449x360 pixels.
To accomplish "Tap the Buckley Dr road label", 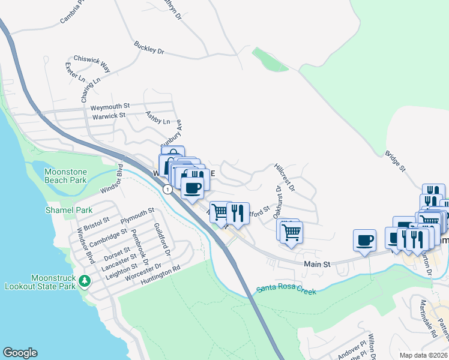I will (149, 47).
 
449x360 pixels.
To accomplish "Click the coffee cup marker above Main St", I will (364, 241).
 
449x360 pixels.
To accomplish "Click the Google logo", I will (20, 353).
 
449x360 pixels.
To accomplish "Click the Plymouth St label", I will (137, 215).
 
